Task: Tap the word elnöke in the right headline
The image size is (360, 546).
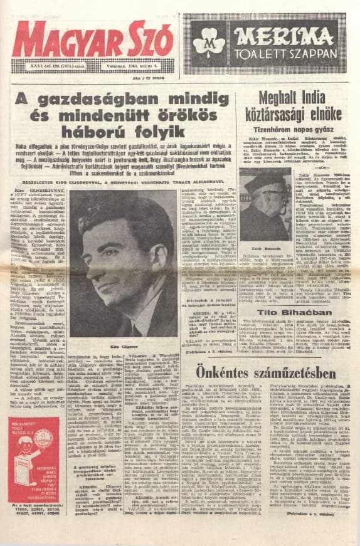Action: (x=323, y=113)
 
